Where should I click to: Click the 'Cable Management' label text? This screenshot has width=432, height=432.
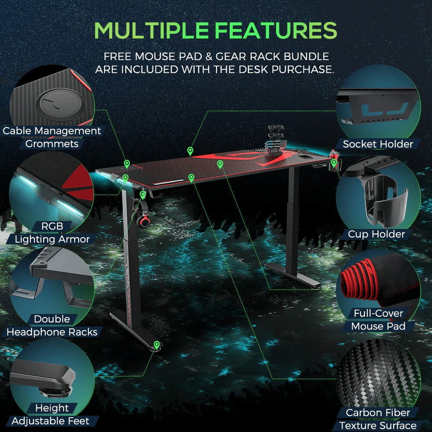(52, 130)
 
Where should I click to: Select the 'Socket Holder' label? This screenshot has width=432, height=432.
(378, 144)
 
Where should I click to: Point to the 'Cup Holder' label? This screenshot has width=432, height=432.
(376, 234)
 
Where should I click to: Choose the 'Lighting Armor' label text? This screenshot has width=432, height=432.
(52, 239)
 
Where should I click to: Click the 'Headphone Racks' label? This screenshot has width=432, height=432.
(52, 332)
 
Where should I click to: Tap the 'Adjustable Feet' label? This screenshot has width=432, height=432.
(51, 421)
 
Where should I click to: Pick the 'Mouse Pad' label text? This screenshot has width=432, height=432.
(378, 326)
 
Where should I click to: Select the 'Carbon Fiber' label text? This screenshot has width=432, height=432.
(378, 413)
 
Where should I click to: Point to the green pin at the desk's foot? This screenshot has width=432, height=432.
(157, 344)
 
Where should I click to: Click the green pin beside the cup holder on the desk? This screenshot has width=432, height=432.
(334, 162)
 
